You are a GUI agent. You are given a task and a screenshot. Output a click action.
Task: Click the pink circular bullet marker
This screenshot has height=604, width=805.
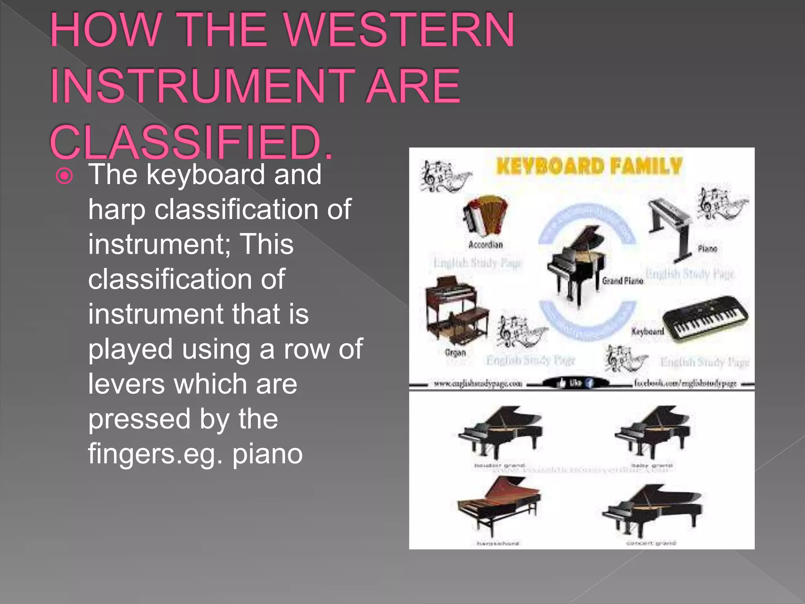(x=64, y=176)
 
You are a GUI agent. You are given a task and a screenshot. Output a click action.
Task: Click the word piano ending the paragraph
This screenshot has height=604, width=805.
(x=267, y=454)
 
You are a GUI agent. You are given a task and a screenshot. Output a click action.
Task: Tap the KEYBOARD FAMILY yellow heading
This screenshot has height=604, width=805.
(x=588, y=166)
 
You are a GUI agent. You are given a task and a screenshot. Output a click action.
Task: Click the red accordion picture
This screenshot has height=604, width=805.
(x=485, y=215)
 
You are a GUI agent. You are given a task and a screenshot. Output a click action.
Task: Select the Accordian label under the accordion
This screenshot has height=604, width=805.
(x=485, y=245)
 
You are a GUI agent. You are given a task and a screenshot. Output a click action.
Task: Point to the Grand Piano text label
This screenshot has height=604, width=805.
(x=623, y=280)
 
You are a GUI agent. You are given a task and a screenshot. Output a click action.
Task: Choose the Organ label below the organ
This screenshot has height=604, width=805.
(x=455, y=352)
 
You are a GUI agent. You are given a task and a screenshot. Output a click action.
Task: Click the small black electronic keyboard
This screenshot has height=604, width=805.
(x=706, y=319)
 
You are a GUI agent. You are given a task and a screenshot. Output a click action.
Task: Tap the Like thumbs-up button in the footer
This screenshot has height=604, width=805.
(x=570, y=383)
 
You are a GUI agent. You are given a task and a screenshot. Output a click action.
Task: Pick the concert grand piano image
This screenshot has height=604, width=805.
(x=652, y=509)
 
